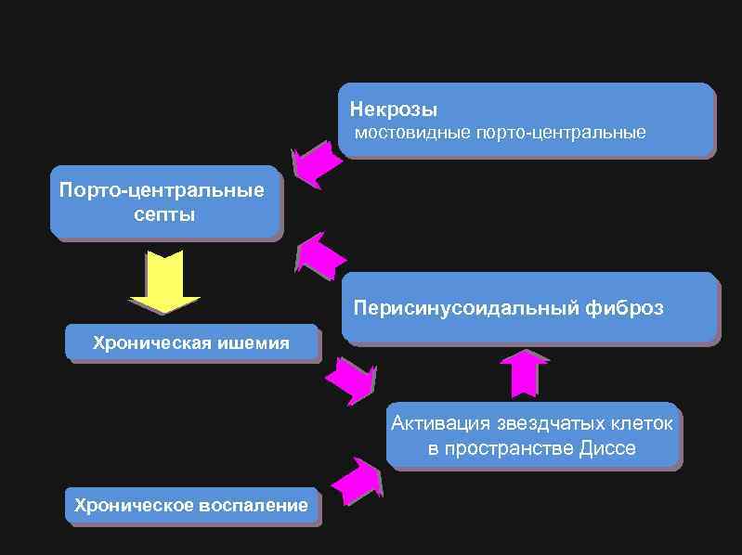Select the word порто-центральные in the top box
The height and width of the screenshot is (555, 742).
point(560,133)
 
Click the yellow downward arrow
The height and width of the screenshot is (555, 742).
point(165,280)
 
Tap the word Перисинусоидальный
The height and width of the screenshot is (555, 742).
point(467,307)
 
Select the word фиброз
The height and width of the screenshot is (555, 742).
point(626,307)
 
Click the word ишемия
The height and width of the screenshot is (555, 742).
point(253,342)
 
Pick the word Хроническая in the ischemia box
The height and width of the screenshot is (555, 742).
point(152,342)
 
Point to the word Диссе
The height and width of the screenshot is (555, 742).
point(607,448)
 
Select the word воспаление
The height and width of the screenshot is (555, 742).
point(253,505)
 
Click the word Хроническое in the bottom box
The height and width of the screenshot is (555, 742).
point(133,505)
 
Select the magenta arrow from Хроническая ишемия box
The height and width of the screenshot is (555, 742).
point(352,380)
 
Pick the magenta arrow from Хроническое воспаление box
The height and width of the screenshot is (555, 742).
point(356,481)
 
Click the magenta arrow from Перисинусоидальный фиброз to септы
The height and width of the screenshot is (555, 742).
point(319,255)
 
